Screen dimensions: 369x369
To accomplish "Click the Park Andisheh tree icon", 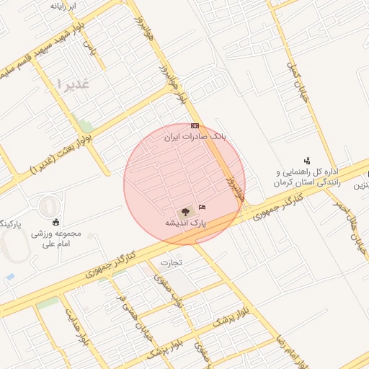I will pos(185,211).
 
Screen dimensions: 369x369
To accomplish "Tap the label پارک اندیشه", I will pos(185,223).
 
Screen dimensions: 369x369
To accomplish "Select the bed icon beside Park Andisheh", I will pos(201,208).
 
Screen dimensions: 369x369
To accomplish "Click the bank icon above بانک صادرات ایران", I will pos(195,125).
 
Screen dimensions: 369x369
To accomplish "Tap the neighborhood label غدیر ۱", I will pos(71,84).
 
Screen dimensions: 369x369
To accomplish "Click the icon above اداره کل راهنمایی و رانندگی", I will pos(307,161).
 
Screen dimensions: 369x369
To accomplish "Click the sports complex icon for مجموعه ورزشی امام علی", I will pos(56,221).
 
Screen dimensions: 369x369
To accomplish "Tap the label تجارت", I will pos(172,262).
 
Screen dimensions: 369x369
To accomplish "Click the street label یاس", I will pos(89,49).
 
